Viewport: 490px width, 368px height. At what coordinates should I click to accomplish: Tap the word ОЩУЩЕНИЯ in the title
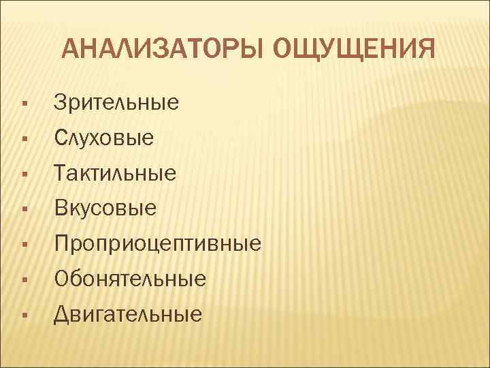(x=352, y=50)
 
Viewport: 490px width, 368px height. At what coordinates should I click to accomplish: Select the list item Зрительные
(x=116, y=103)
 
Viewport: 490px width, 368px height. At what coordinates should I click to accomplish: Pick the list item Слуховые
(x=104, y=138)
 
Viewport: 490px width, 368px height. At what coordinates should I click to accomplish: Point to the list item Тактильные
(x=115, y=173)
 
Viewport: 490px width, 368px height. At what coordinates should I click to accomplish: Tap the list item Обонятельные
(x=130, y=279)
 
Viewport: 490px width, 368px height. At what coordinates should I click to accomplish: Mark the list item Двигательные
(x=128, y=314)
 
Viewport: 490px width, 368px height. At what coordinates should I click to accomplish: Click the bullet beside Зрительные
(x=24, y=104)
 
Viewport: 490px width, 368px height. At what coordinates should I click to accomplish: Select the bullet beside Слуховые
(x=24, y=140)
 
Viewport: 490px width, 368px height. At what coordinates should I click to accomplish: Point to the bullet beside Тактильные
(x=24, y=174)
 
